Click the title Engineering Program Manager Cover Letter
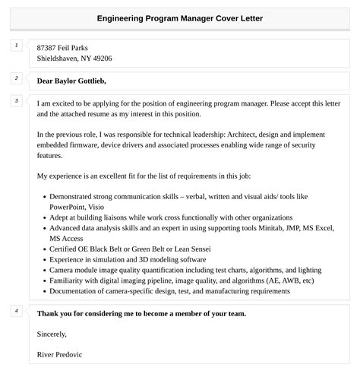pyautogui.click(x=180, y=17)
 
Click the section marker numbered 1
pyautogui.click(x=16, y=46)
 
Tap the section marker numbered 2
pyautogui.click(x=16, y=78)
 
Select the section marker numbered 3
pyautogui.click(x=16, y=100)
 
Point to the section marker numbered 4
pyautogui.click(x=16, y=311)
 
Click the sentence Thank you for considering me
pyautogui.click(x=141, y=312)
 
